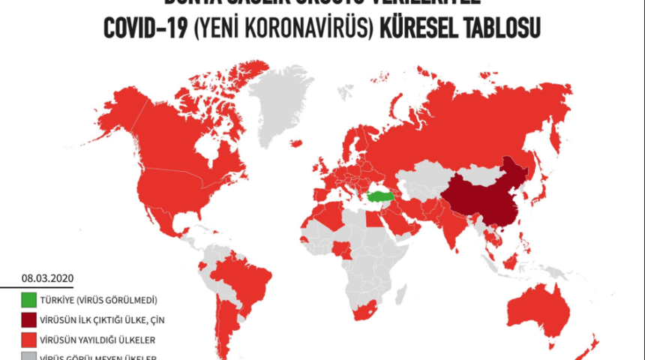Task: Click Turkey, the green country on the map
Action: (381, 196)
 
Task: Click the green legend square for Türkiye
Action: (28, 301)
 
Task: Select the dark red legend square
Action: (28, 320)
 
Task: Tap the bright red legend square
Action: (28, 339)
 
